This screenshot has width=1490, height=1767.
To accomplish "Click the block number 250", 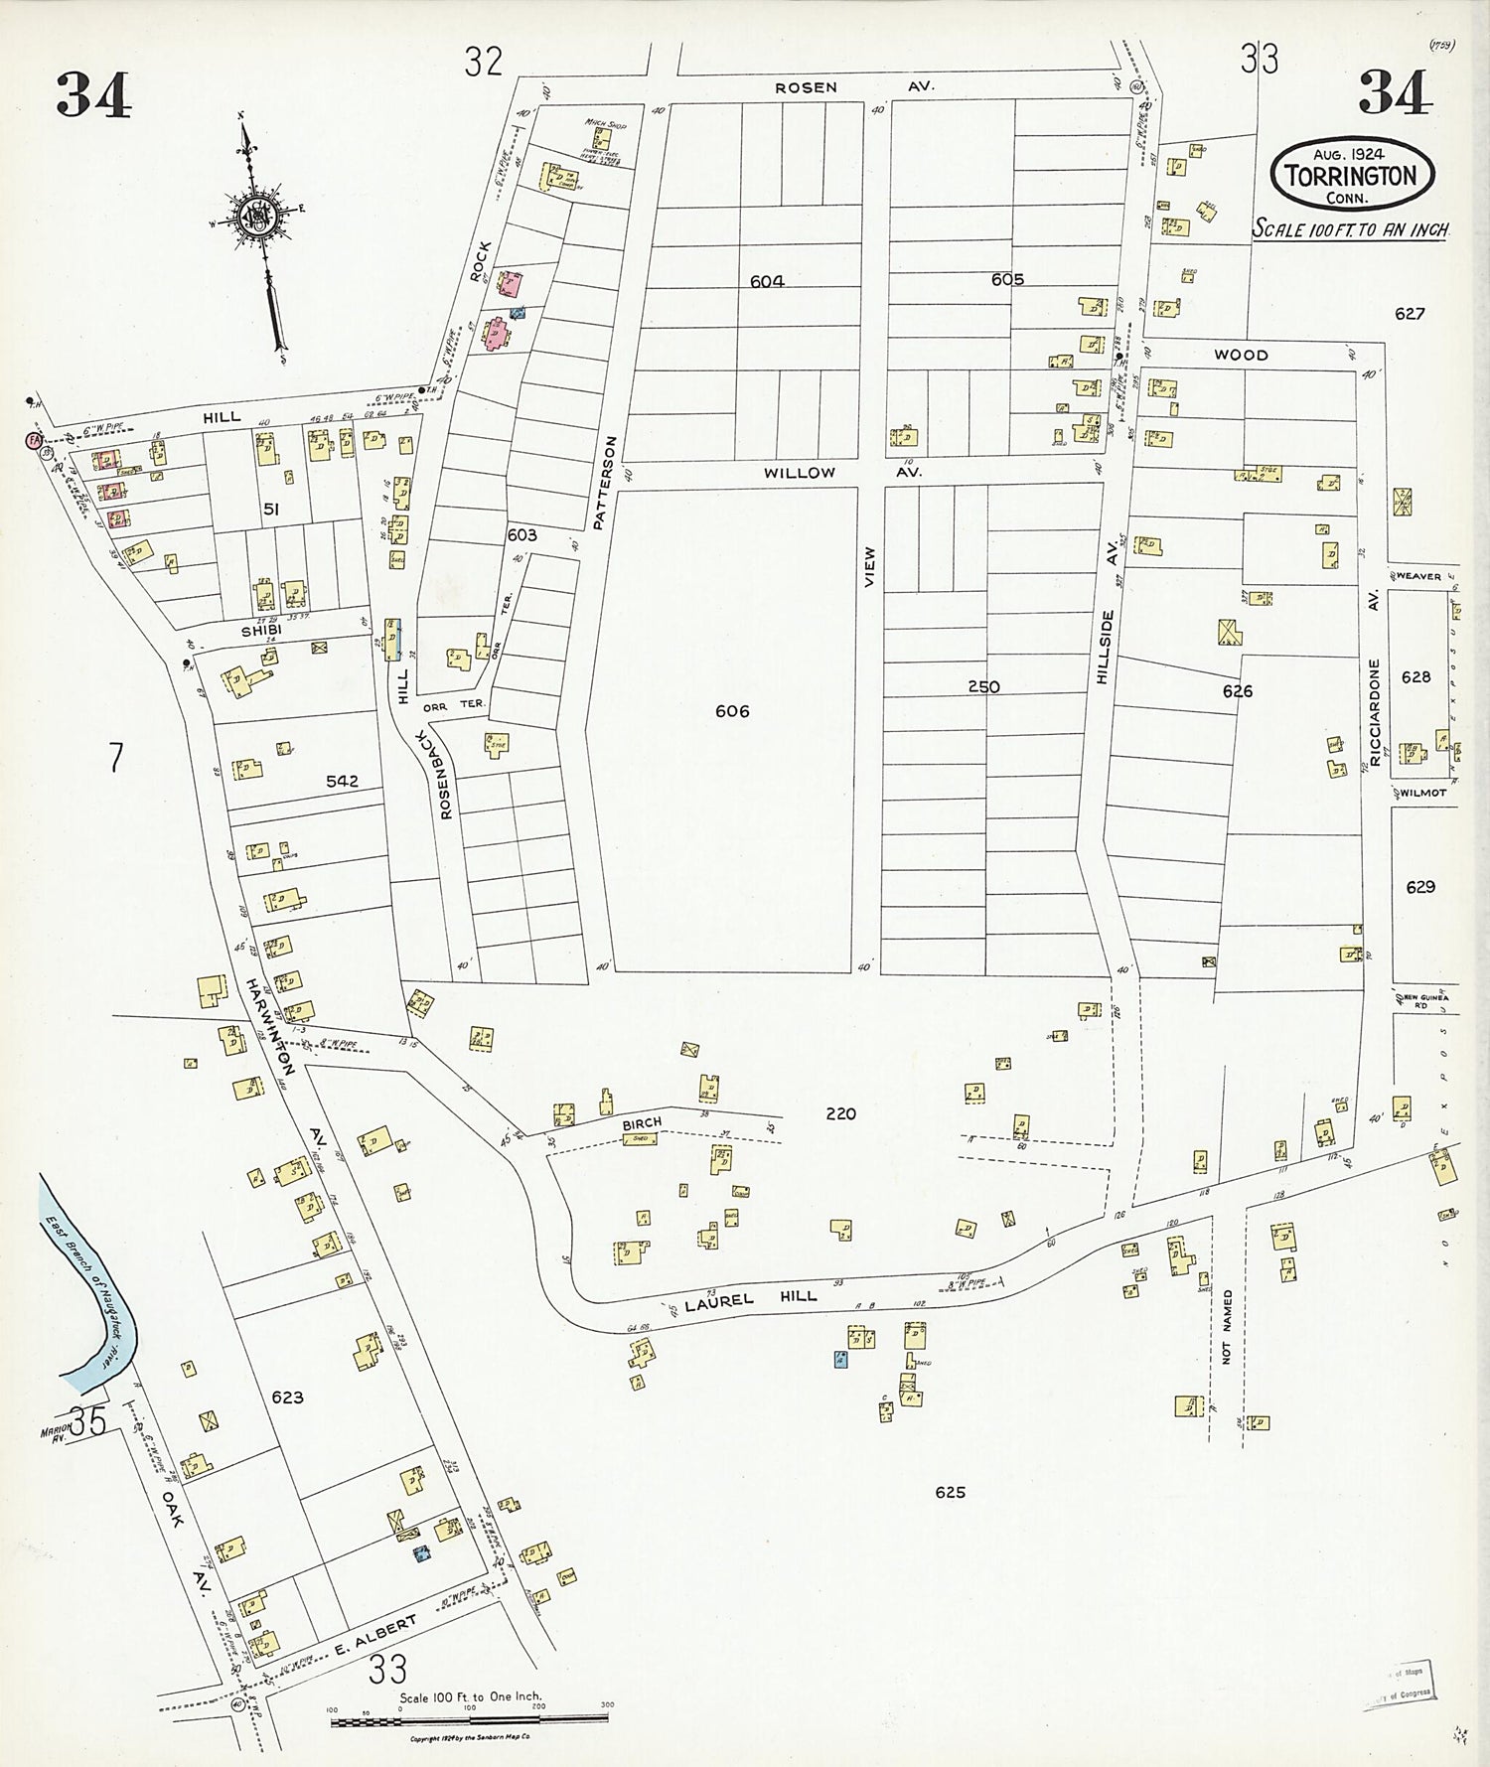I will (x=983, y=686).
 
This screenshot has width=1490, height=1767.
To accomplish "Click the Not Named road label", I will (x=1228, y=1327).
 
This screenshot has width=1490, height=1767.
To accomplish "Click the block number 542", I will (x=342, y=782).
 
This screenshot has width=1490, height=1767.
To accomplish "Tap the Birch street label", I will (x=642, y=1123).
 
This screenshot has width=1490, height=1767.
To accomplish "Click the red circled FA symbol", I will (x=34, y=439).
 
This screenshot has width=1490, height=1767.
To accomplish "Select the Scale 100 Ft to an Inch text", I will (x=1350, y=228).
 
